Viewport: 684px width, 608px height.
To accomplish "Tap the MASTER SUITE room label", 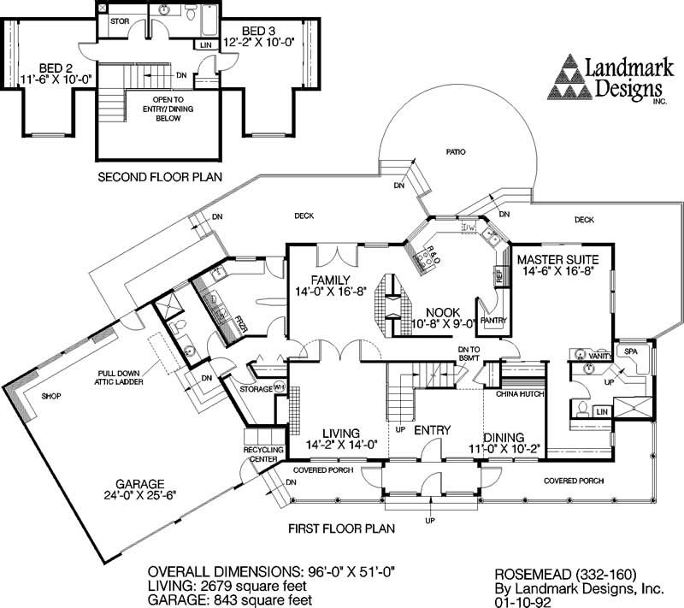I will tap(558, 258).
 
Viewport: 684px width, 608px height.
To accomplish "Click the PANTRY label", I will tap(494, 322).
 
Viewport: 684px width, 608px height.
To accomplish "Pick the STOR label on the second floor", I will tap(119, 22).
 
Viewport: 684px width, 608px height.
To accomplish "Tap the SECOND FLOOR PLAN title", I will tap(160, 178).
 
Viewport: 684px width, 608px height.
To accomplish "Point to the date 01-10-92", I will tap(521, 602).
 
